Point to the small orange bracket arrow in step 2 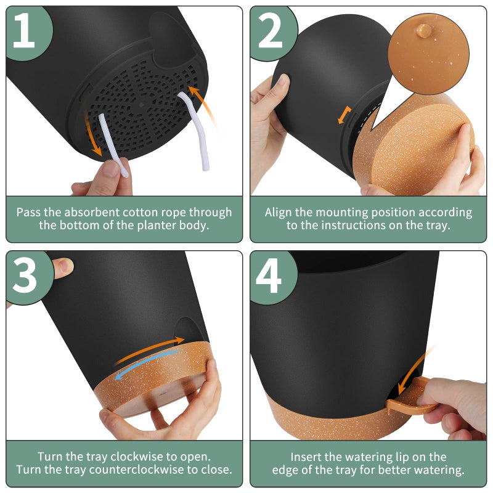(344, 115)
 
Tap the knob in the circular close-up (423, 31)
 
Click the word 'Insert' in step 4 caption (303, 457)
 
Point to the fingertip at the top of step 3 (63, 267)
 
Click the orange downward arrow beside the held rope (92, 134)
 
